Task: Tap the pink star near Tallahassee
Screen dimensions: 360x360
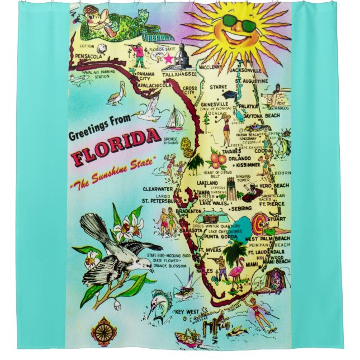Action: click(x=167, y=58)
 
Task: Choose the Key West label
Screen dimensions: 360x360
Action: click(x=187, y=311)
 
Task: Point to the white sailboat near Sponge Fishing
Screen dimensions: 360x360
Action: click(x=175, y=118)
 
